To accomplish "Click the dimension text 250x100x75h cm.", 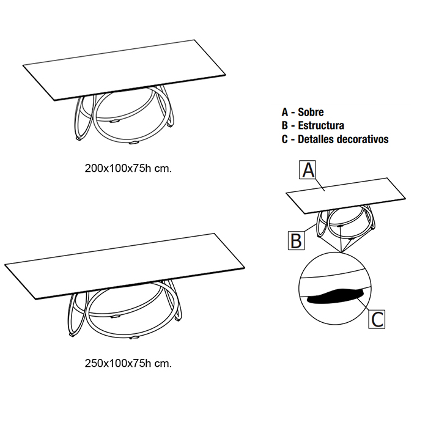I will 128,363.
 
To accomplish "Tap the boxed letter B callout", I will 296,240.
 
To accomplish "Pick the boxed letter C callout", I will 377,319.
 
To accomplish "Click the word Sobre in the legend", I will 311,112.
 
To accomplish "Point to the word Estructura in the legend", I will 320,125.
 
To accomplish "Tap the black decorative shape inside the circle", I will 333,297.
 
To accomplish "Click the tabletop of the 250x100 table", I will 122,263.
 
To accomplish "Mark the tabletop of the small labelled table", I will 345,194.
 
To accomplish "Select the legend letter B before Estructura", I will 284,125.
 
